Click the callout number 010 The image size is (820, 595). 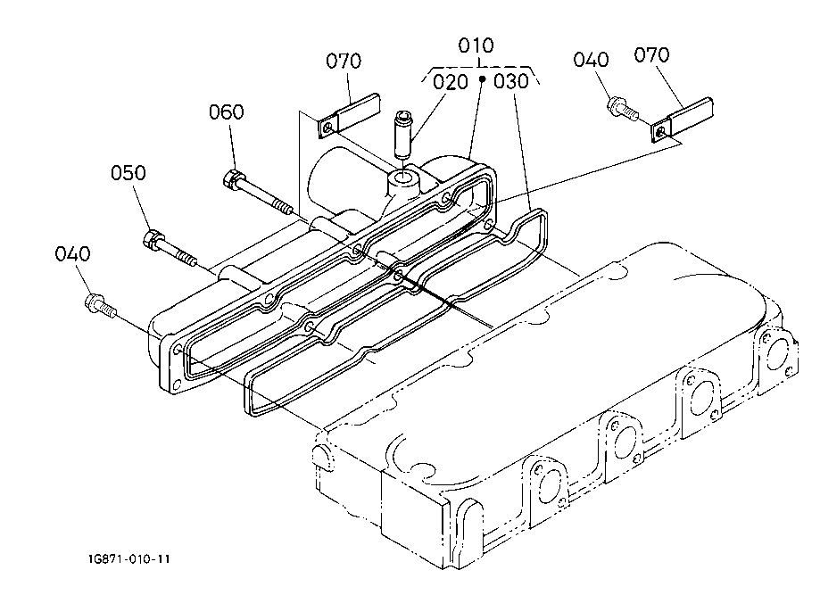pos(476,45)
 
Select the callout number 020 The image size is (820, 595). pos(451,82)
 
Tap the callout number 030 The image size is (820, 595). pos(511,81)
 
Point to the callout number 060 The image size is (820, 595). pos(227,112)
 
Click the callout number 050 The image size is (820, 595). pos(128,172)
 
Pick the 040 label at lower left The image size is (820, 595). pos(72,254)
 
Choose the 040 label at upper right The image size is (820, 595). pos(591,60)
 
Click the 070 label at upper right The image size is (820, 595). pos(651,55)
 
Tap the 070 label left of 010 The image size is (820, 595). pos(344,62)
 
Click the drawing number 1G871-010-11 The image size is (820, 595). pos(129,559)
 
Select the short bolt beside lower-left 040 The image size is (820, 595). pos(100,306)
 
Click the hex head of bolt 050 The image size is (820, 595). pos(151,238)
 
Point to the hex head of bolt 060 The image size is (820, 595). pos(232,179)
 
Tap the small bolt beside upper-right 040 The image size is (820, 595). pos(623,107)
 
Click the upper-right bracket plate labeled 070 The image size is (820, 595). pos(683,120)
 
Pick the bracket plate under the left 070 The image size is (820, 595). pos(349,116)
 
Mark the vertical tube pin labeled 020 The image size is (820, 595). pos(404,136)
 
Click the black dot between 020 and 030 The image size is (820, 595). pos(483,79)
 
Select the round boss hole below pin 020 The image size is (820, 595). pos(405,180)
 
